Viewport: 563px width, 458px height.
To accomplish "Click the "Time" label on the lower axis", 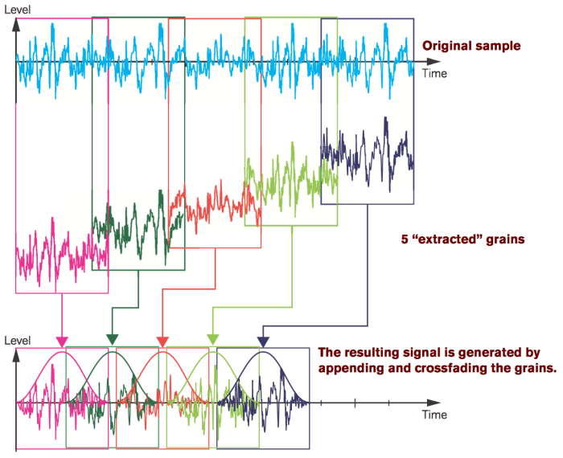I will [434, 415].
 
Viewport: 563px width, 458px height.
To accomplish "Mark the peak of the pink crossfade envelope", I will [62, 352].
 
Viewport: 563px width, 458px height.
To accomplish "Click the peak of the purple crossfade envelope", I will [262, 352].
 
